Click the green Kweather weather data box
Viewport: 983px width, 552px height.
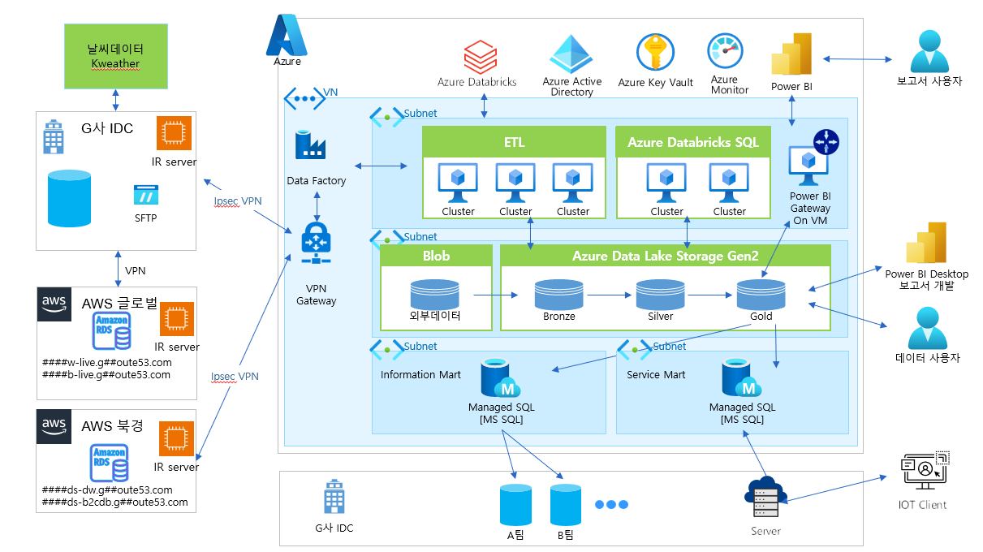[116, 56]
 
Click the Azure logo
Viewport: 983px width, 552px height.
[287, 36]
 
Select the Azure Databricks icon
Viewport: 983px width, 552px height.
[479, 58]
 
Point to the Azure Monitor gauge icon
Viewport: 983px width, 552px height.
[724, 53]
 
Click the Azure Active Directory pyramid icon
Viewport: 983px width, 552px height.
[572, 54]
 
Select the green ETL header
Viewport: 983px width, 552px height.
[514, 142]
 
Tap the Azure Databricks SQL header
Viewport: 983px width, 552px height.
[692, 142]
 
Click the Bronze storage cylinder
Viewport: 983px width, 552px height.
[558, 294]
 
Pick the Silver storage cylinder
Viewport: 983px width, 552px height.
[660, 294]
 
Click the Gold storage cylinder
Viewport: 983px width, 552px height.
[761, 294]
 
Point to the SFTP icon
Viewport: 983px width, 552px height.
[146, 196]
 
